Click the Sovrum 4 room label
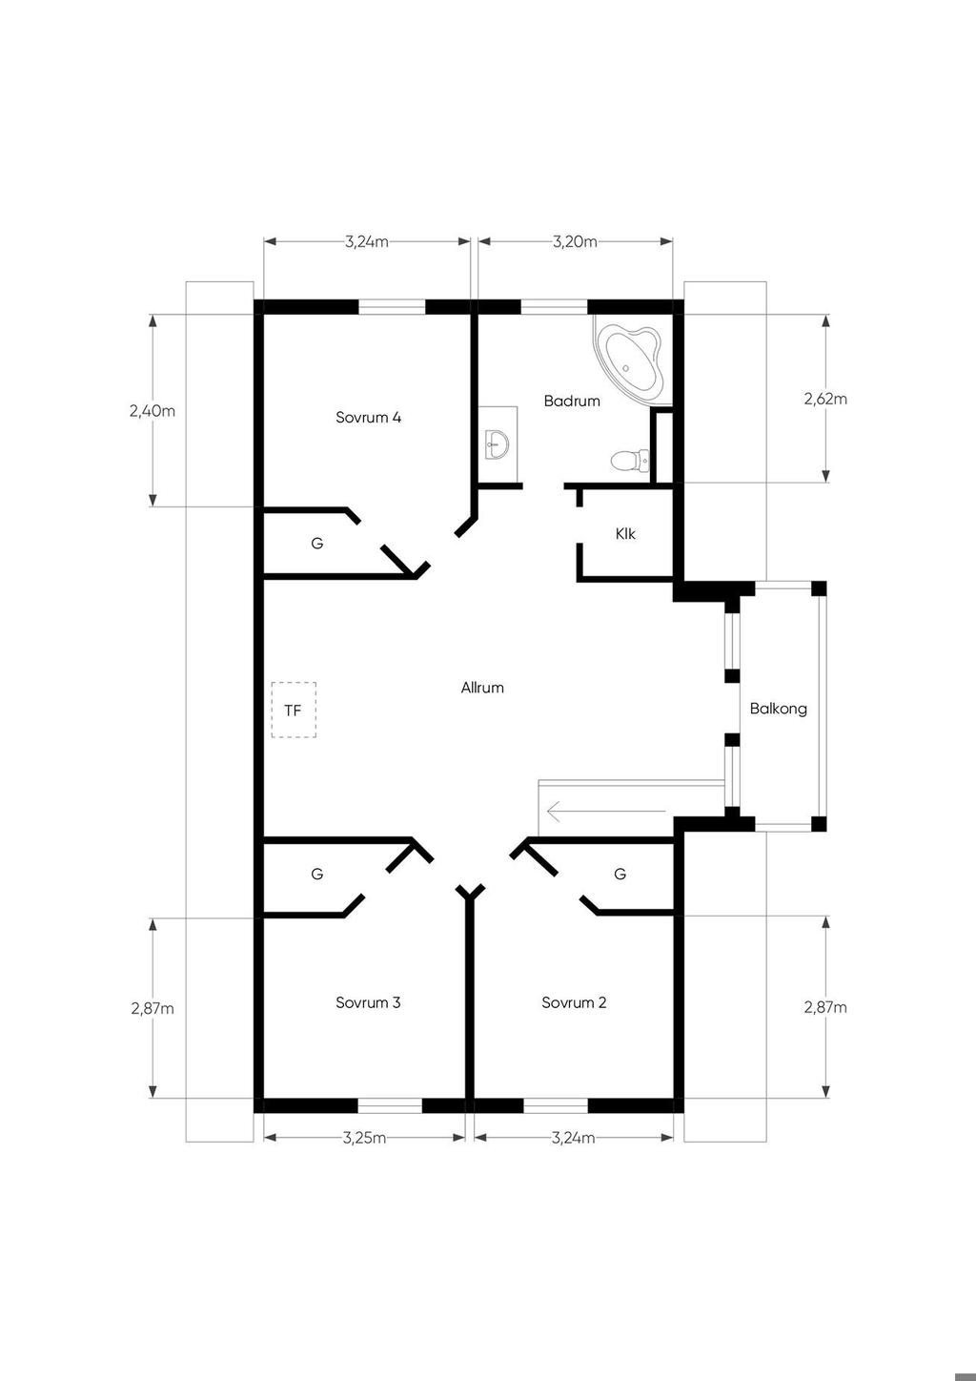point(368,418)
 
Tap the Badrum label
point(572,401)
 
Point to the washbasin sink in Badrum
point(497,443)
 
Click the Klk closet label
point(625,533)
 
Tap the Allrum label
point(482,688)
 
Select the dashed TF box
point(294,710)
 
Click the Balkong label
point(778,709)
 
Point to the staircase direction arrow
point(606,811)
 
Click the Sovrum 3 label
point(368,1002)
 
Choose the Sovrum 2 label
point(574,1002)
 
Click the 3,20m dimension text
point(575,241)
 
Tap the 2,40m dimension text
point(152,411)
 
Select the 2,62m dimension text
point(825,399)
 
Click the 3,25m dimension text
point(364,1138)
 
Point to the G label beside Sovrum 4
point(316,544)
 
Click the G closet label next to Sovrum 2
point(620,874)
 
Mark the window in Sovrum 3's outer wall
point(390,1106)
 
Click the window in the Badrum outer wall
point(554,306)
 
